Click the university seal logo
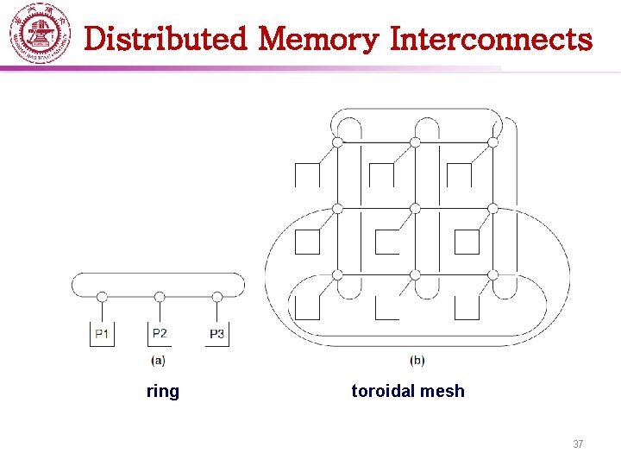tap(40, 34)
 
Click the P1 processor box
tap(102, 334)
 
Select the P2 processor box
tap(160, 333)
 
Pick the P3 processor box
tap(217, 334)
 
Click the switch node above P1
tap(102, 297)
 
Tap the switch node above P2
tap(160, 297)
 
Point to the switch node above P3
tap(217, 297)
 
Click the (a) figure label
tap(159, 359)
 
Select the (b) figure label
tap(417, 360)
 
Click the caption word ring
tap(163, 392)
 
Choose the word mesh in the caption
tap(443, 392)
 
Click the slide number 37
tap(578, 444)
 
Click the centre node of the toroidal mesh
tap(415, 208)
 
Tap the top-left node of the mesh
tap(337, 142)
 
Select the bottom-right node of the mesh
tap(492, 274)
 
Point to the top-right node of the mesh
tap(492, 142)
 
